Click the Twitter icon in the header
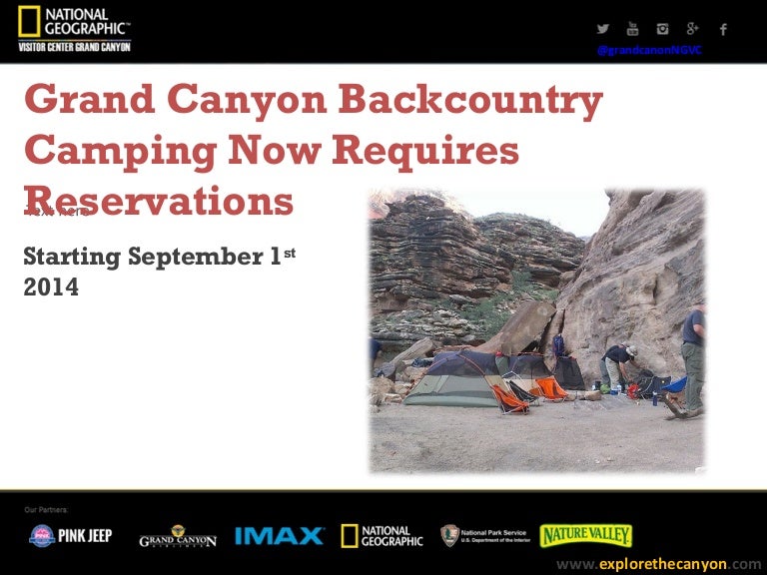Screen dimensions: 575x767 [603, 29]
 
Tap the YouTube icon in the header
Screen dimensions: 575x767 [632, 29]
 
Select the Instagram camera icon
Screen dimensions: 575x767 [662, 29]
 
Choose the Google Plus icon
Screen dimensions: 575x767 [692, 29]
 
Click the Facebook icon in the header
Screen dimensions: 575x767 [723, 29]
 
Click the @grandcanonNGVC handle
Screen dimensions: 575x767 [649, 50]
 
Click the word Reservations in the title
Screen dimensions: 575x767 [160, 201]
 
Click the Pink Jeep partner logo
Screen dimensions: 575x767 [71, 536]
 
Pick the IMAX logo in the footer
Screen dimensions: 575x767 [279, 536]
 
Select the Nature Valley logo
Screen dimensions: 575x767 [586, 535]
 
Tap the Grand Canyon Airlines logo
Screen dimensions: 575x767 [177, 537]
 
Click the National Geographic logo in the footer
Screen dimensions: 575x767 [382, 536]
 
